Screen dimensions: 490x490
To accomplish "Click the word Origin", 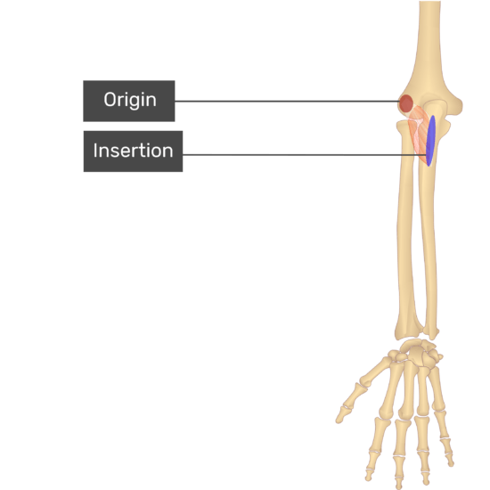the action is click(x=130, y=101).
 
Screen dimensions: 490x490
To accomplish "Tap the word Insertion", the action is click(x=133, y=151).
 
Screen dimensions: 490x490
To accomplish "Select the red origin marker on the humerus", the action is click(x=406, y=103).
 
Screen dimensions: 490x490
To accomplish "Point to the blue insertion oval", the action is click(x=431, y=141).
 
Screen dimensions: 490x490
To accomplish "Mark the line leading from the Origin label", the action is click(x=287, y=102).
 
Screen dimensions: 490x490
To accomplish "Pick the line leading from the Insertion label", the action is click(x=305, y=155).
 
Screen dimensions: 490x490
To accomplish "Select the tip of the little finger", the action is click(x=451, y=463).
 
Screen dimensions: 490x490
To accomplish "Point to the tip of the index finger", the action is click(x=370, y=478).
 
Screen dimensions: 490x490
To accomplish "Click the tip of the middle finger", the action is click(x=399, y=486).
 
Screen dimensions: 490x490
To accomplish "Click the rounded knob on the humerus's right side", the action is click(x=455, y=106).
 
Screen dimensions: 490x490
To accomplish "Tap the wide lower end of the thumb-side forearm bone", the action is click(x=408, y=327).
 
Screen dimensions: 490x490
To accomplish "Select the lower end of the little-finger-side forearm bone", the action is click(x=432, y=332).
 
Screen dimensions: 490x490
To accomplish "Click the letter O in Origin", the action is click(x=110, y=100).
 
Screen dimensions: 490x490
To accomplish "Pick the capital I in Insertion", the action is click(x=95, y=151).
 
